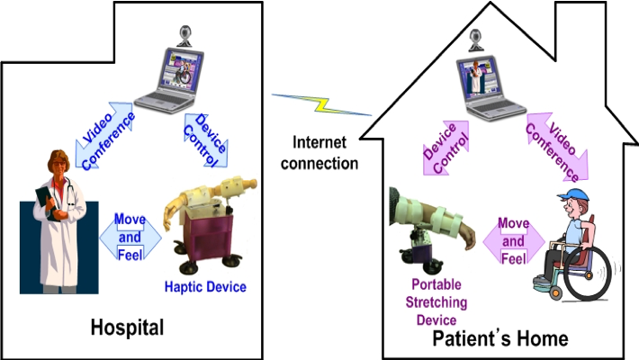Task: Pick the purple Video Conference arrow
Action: click(x=554, y=145)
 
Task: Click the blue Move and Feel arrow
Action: click(x=130, y=236)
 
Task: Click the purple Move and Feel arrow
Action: click(x=513, y=241)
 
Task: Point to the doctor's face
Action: click(x=56, y=169)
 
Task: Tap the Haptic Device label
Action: click(x=205, y=287)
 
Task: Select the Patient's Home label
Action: click(x=501, y=338)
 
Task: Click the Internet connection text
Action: click(x=319, y=152)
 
